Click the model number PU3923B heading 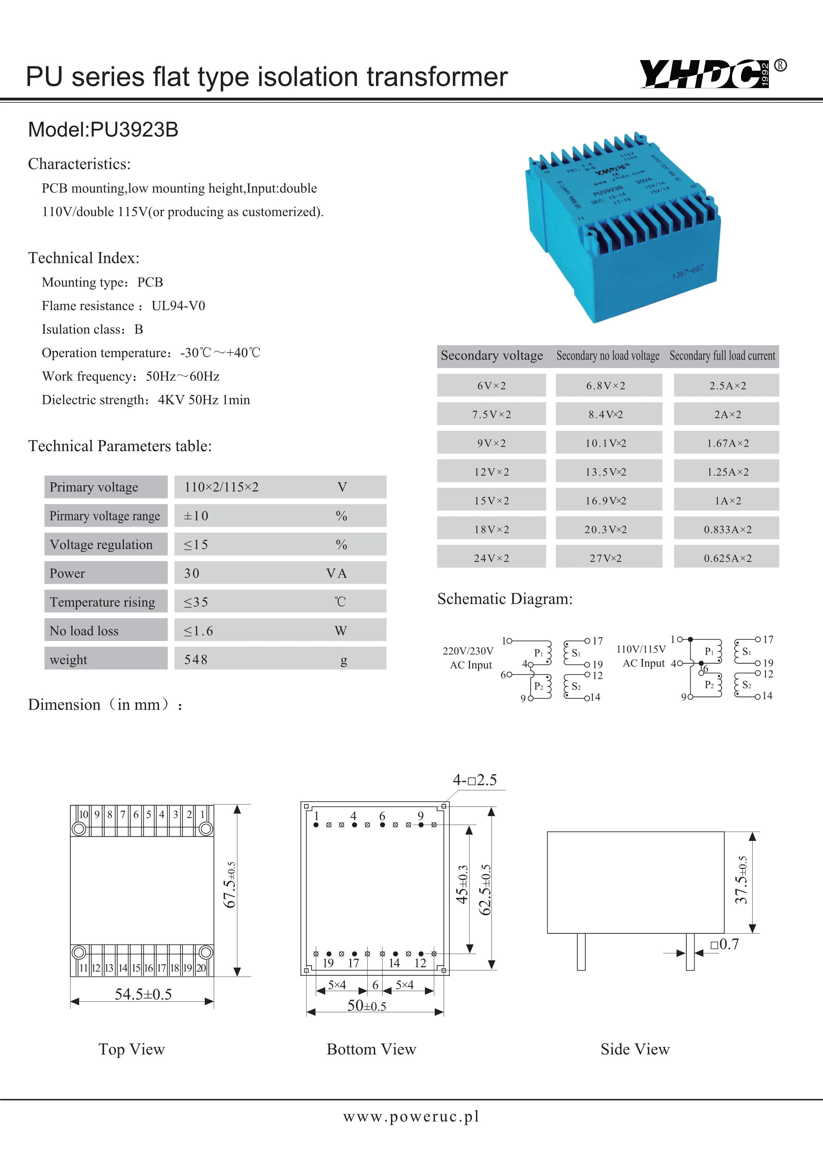(x=104, y=130)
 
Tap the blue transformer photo (x=622, y=228)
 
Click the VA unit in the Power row (x=337, y=574)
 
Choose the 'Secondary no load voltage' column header (x=608, y=356)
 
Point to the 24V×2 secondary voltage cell (x=491, y=558)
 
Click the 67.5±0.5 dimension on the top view (x=230, y=885)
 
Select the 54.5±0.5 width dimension (x=143, y=994)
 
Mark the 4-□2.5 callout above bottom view (x=475, y=780)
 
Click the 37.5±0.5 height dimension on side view (x=741, y=880)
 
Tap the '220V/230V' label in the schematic (x=468, y=651)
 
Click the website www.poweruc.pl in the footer (x=411, y=1116)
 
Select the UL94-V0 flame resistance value (x=179, y=306)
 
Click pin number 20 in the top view (x=201, y=968)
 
